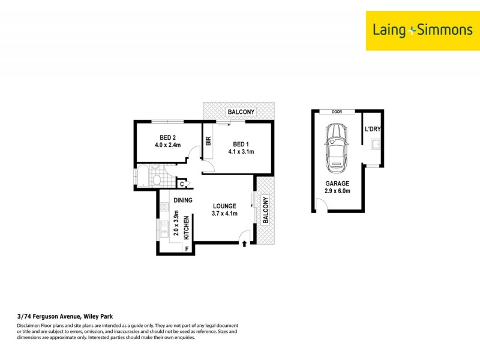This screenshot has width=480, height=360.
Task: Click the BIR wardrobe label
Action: (x=208, y=142)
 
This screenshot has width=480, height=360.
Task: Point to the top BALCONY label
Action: (x=241, y=112)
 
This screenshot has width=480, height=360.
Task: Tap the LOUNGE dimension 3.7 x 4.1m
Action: (x=225, y=214)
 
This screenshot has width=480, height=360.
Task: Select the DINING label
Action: (x=183, y=200)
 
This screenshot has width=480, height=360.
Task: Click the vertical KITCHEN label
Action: (x=186, y=228)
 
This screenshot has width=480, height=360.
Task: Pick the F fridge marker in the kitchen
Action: (x=187, y=248)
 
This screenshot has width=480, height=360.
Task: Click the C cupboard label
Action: (x=182, y=184)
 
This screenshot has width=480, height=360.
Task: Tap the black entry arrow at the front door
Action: (x=244, y=243)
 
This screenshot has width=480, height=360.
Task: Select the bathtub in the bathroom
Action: (x=144, y=177)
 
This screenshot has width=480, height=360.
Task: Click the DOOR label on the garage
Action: (x=337, y=112)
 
